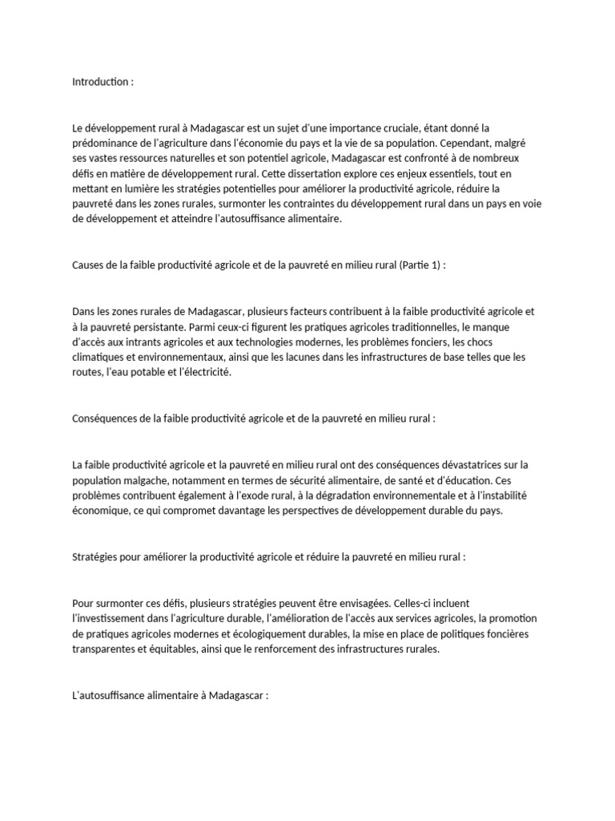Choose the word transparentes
105,650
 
